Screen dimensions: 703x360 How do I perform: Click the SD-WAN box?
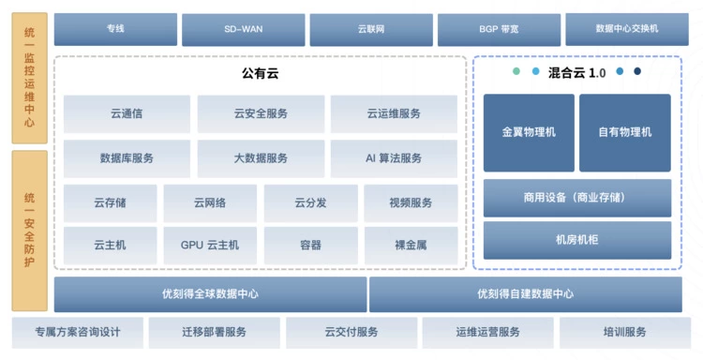244,30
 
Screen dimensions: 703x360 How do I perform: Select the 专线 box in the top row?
115,29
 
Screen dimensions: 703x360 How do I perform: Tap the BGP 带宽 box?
499,30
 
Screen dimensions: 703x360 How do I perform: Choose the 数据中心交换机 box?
627,29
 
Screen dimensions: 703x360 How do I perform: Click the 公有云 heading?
260,73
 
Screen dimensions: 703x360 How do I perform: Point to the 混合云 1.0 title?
576,72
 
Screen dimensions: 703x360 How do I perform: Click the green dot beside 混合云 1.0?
516,71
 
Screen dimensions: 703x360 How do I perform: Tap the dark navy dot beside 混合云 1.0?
637,71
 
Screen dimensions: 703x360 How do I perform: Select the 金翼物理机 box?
529,133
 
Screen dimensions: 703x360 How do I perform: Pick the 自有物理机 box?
625,133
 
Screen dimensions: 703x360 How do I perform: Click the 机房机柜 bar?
577,240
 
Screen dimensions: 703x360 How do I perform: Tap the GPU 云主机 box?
210,246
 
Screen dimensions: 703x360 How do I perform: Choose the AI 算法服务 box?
394,158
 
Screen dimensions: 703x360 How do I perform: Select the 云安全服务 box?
261,113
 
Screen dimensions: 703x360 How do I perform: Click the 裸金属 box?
411,246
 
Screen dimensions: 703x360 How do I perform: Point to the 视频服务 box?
411,203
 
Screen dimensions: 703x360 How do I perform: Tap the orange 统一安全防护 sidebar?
30,231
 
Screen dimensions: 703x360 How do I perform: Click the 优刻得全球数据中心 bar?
210,294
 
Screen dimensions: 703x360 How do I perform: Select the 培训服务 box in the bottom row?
625,333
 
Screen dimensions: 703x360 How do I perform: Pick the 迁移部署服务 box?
215,333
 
